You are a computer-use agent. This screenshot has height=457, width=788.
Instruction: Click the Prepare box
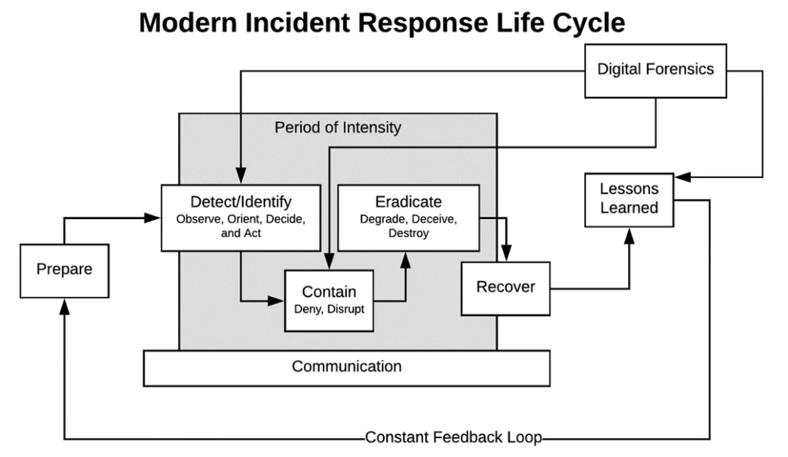(64, 269)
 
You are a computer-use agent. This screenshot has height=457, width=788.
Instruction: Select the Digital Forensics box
(655, 70)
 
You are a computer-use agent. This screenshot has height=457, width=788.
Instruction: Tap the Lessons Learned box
(629, 199)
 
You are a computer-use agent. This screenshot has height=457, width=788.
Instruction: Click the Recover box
(505, 287)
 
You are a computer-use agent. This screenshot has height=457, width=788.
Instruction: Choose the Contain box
(329, 299)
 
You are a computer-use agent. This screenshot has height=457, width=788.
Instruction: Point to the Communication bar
(346, 368)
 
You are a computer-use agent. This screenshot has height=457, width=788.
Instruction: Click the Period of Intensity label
(337, 127)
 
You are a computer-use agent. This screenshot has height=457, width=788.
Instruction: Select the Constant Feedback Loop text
(455, 437)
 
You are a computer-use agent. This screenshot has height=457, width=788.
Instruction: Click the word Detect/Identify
(240, 202)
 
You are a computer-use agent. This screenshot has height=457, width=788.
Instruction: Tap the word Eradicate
(408, 202)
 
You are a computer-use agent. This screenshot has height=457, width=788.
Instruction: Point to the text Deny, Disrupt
(329, 309)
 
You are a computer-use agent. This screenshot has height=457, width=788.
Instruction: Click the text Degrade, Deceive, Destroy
(408, 227)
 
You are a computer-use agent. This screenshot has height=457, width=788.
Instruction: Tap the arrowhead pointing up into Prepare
(64, 305)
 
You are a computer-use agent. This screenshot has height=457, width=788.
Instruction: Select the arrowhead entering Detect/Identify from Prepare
(155, 218)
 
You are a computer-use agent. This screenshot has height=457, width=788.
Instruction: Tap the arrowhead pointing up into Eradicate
(405, 259)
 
